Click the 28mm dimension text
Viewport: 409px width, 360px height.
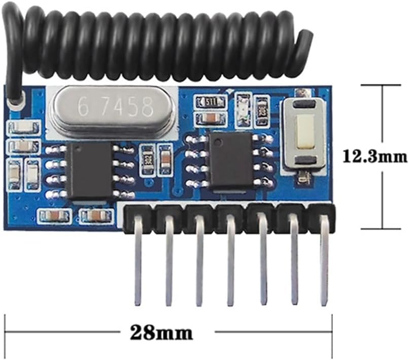pos(162,333)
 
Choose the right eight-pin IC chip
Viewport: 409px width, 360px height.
pos(230,160)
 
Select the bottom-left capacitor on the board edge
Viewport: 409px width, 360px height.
pos(53,216)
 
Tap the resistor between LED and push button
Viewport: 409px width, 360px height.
pos(262,108)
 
